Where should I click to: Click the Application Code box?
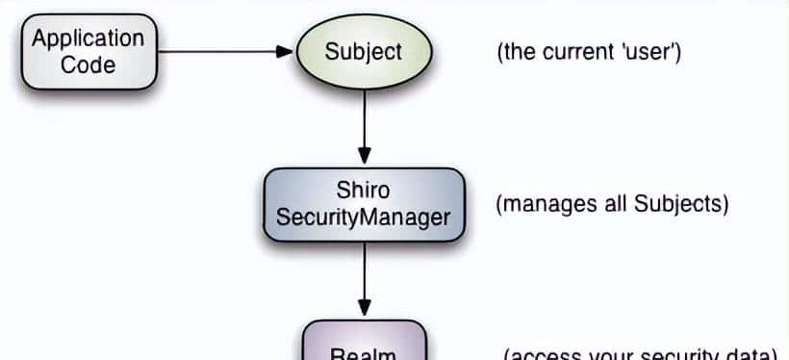(x=89, y=52)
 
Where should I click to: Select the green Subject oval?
(x=364, y=51)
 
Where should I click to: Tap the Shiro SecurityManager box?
(x=364, y=203)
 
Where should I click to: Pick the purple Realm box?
(x=364, y=344)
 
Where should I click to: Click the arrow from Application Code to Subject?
(x=221, y=51)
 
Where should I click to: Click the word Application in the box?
(x=89, y=39)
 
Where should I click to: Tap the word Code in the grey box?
(x=89, y=65)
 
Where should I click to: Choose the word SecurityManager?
(x=364, y=217)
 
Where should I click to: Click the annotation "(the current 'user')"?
(x=589, y=52)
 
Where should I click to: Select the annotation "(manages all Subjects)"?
(x=612, y=204)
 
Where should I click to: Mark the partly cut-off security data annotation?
(x=640, y=352)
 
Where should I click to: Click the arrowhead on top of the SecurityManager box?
(x=364, y=155)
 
